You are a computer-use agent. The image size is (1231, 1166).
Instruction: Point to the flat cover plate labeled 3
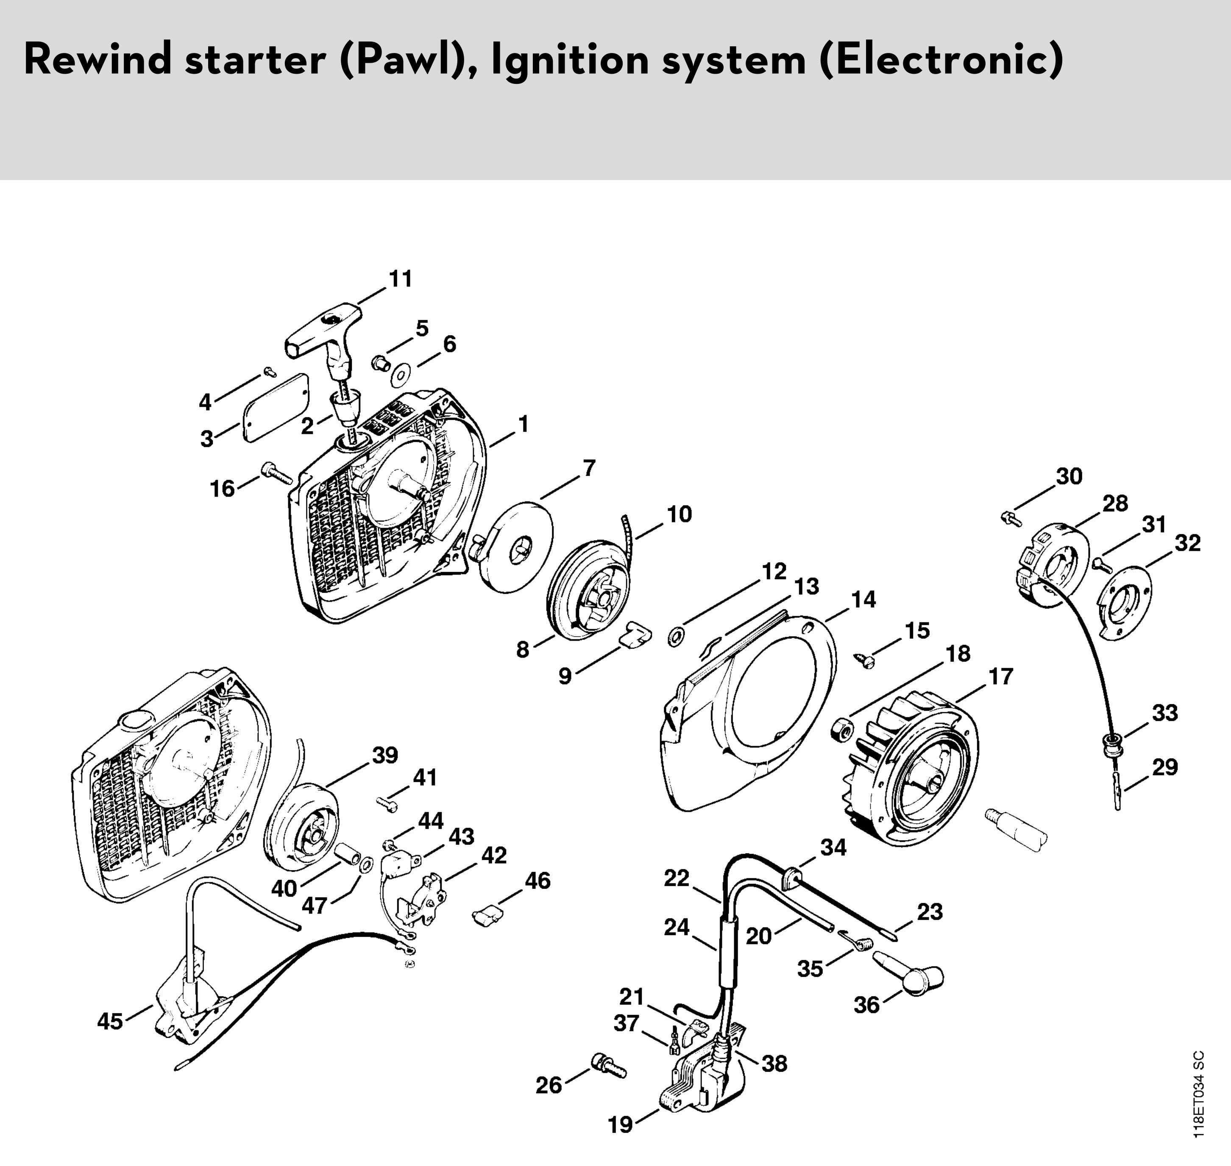click(275, 408)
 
